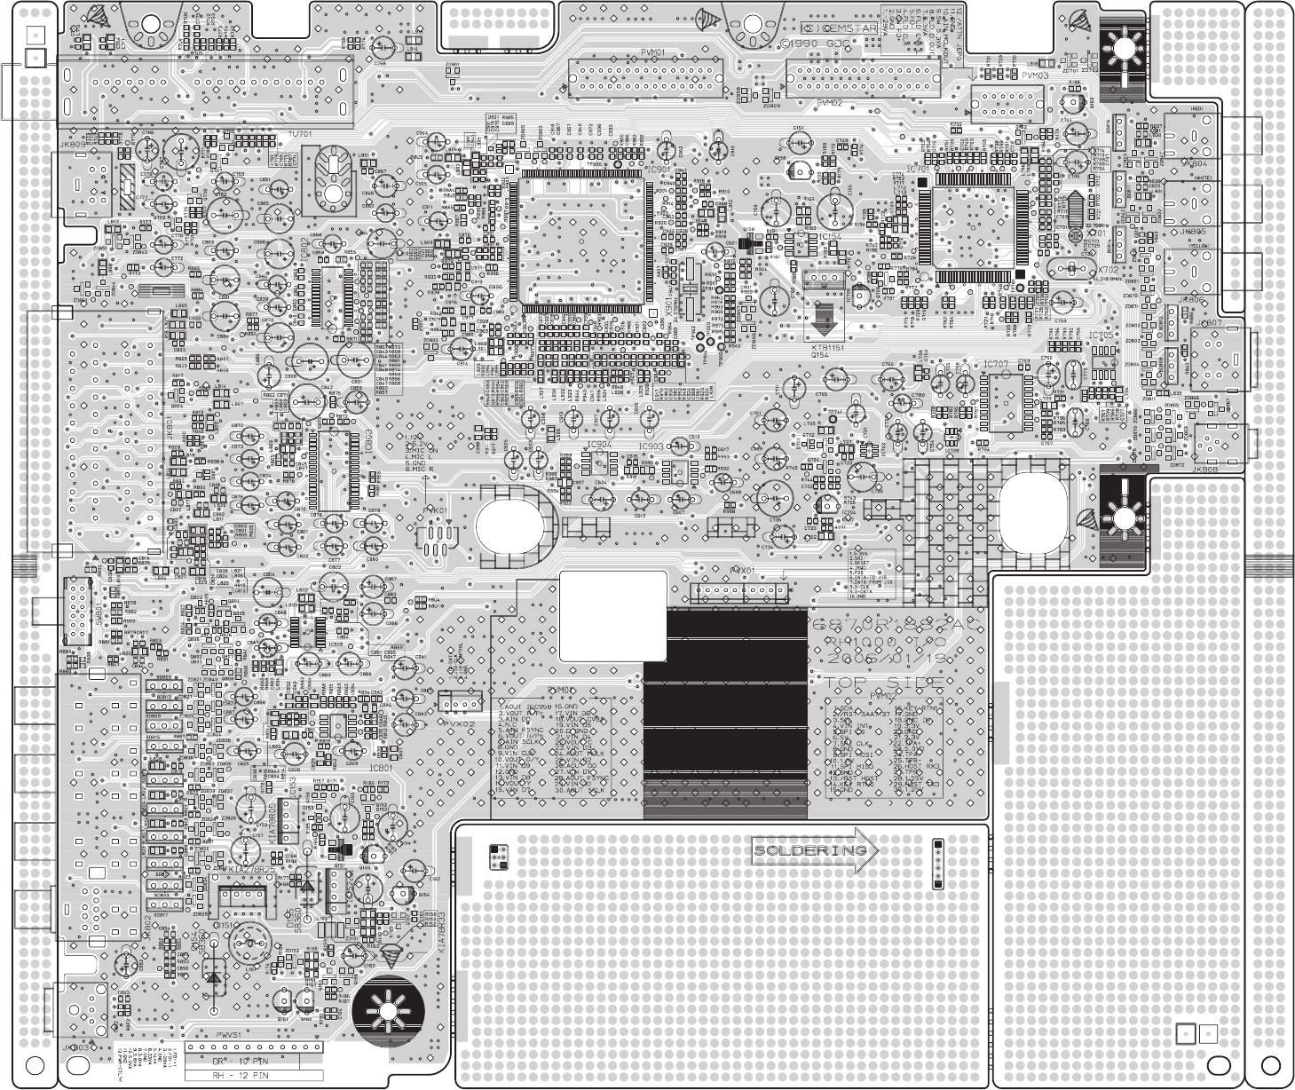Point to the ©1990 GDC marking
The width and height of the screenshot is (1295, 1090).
click(x=809, y=43)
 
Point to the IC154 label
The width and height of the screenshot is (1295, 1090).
click(x=830, y=237)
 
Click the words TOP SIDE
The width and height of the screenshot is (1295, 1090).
click(x=883, y=684)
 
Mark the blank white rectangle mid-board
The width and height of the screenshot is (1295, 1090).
click(x=613, y=615)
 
